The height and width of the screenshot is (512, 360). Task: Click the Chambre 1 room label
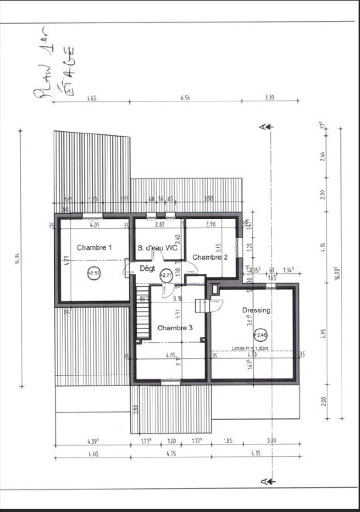pyautogui.click(x=94, y=247)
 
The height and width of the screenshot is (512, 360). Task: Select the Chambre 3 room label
pyautogui.click(x=175, y=328)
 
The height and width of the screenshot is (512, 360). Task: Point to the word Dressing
pyautogui.click(x=256, y=310)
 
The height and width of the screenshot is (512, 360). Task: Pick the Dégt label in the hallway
pyautogui.click(x=147, y=268)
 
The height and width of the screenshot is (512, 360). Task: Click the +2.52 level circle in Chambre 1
pyautogui.click(x=94, y=273)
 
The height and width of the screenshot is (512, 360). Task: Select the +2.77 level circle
pyautogui.click(x=166, y=275)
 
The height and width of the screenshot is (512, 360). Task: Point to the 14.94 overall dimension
pyautogui.click(x=18, y=258)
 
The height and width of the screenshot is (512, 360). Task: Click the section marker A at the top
pyautogui.click(x=262, y=126)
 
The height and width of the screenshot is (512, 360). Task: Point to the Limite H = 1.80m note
pyautogui.click(x=250, y=348)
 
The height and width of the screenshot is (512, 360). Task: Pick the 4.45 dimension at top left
pyautogui.click(x=91, y=98)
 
